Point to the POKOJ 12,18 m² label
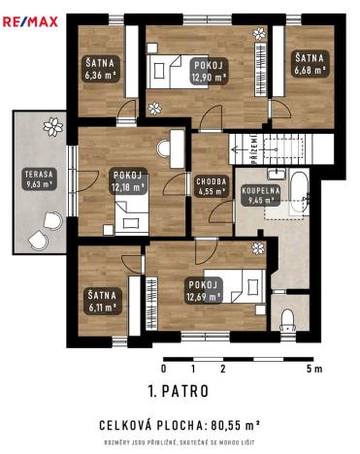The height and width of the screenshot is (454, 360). click(x=128, y=181)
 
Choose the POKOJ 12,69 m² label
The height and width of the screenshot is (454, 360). click(x=205, y=289)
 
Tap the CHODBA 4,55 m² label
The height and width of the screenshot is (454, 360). click(x=212, y=186)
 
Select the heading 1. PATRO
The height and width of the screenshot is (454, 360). click(x=179, y=393)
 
